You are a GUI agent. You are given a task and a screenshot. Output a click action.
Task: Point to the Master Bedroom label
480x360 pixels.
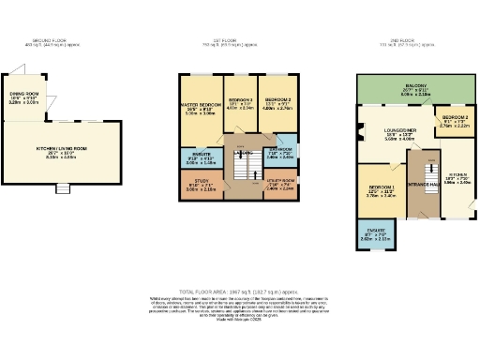[x=197, y=108]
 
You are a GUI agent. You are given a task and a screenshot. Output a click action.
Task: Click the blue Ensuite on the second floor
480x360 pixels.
[x=373, y=235]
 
